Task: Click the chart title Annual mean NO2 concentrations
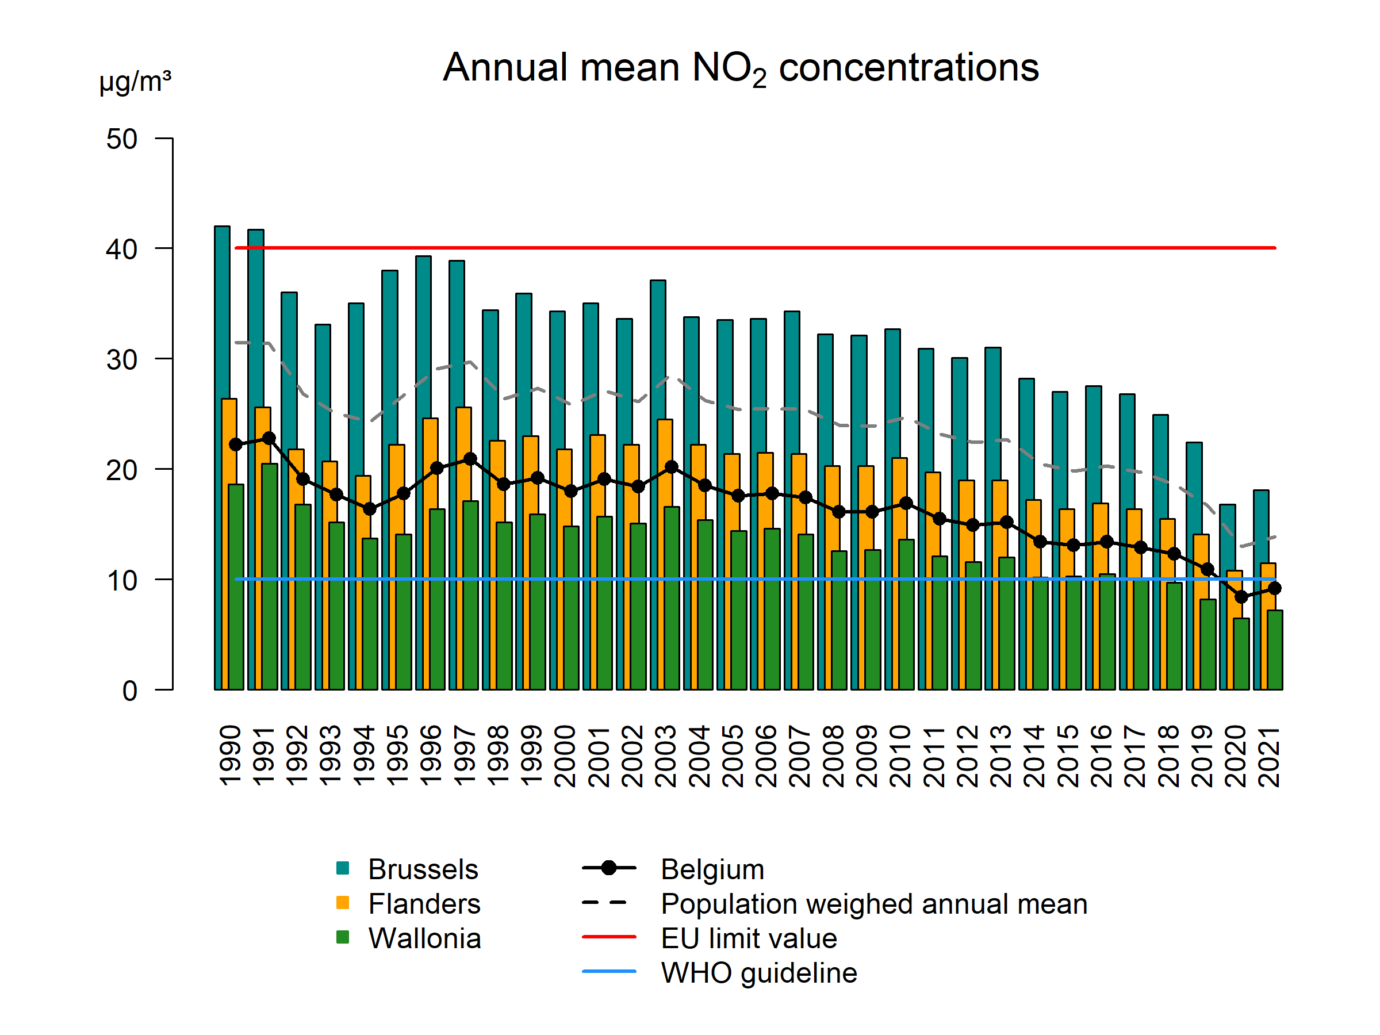pos(741,67)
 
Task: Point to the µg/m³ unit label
pos(135,81)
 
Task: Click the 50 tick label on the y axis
pos(122,139)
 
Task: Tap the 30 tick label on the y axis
pos(122,359)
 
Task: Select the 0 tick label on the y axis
pos(130,691)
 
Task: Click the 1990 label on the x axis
pos(230,755)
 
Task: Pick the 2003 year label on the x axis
pos(666,755)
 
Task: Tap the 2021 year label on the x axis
pos(1269,755)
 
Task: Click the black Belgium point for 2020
pos(1241,597)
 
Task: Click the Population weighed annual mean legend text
pos(873,904)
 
